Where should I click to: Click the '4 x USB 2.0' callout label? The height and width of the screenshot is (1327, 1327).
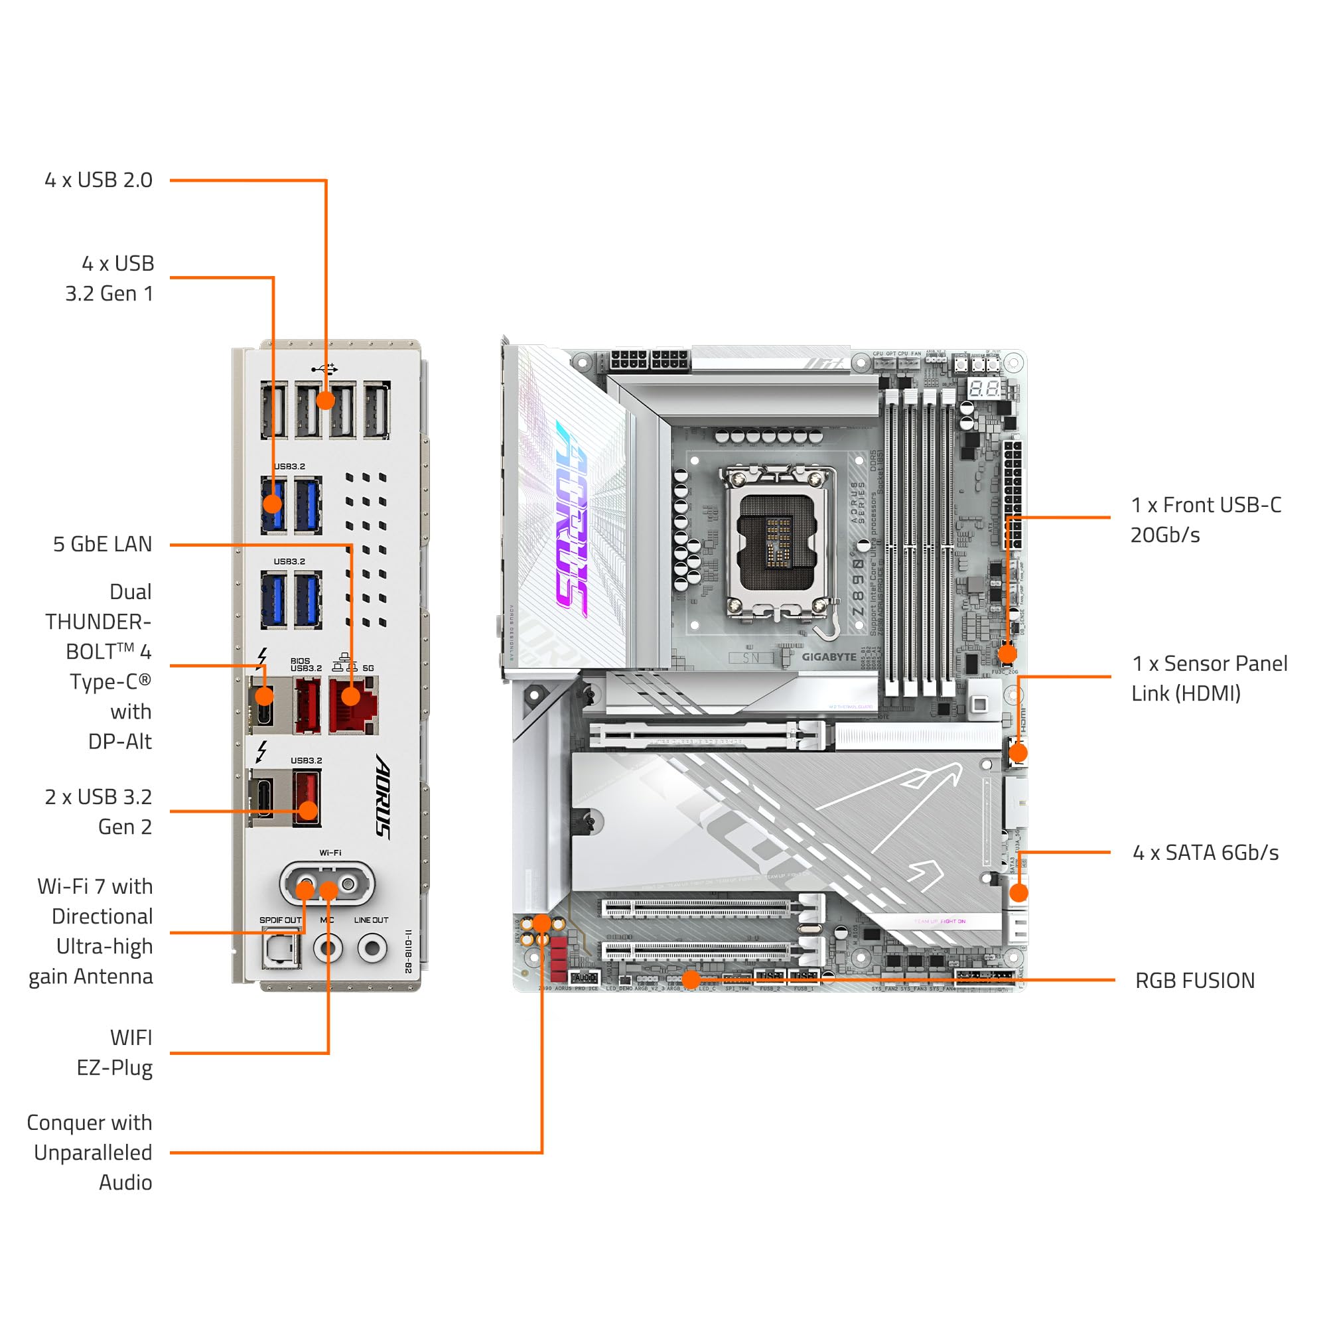pyautogui.click(x=98, y=180)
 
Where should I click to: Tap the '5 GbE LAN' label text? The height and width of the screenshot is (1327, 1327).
pyautogui.click(x=102, y=544)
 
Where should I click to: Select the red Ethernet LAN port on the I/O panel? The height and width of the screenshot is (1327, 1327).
pyautogui.click(x=353, y=705)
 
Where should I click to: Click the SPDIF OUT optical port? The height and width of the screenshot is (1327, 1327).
pyautogui.click(x=281, y=950)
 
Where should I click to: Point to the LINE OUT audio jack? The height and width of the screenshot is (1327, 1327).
pyautogui.click(x=372, y=949)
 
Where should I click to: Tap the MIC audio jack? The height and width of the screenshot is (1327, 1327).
pyautogui.click(x=328, y=949)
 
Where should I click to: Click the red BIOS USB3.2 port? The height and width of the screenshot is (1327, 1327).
pyautogui.click(x=307, y=705)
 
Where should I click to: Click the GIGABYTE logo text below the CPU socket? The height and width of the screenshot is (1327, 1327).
pyautogui.click(x=828, y=658)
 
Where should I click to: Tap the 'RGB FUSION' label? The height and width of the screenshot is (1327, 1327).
pyautogui.click(x=1194, y=981)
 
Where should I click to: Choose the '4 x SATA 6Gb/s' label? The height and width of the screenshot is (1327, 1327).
pyautogui.click(x=1206, y=853)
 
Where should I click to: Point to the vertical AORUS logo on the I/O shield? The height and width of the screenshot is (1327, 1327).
pyautogui.click(x=384, y=796)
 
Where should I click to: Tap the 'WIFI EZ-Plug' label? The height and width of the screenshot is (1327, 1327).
pyautogui.click(x=115, y=1053)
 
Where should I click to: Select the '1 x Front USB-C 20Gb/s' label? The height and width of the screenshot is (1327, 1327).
pyautogui.click(x=1206, y=520)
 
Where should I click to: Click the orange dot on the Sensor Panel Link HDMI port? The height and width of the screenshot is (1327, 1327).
pyautogui.click(x=1018, y=753)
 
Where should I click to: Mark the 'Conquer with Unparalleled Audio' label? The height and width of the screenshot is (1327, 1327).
pyautogui.click(x=90, y=1152)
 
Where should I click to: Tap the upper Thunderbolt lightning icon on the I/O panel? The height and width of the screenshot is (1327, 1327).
pyautogui.click(x=261, y=658)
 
